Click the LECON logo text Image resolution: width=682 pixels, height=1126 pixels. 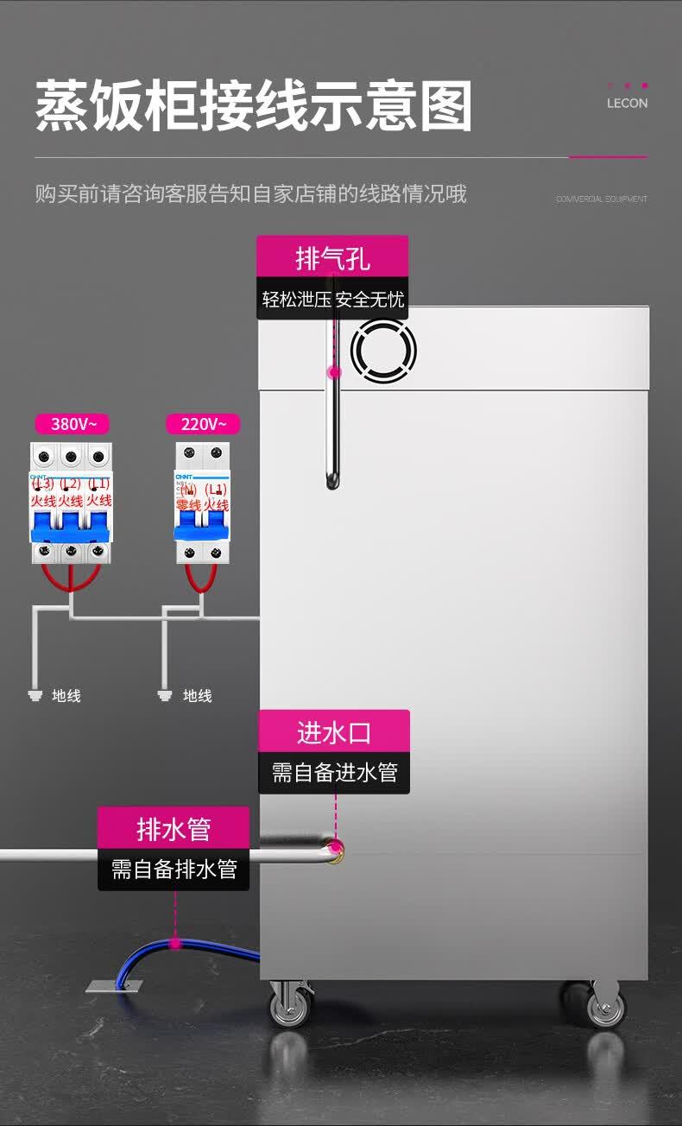627,104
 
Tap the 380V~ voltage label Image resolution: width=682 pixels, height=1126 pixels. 72,424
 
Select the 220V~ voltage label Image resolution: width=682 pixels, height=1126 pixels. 203,424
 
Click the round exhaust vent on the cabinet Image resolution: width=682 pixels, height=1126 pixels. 383,351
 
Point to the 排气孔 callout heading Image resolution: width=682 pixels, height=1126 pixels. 332,257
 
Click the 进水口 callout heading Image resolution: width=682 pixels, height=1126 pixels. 334,732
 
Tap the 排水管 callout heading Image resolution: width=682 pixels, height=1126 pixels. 174,829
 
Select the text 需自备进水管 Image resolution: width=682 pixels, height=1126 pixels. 334,772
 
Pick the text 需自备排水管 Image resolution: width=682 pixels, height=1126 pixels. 174,869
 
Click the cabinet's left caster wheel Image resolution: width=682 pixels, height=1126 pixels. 290,1006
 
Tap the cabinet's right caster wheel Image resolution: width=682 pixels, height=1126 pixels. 605,1006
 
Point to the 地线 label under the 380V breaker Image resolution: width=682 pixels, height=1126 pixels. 66,695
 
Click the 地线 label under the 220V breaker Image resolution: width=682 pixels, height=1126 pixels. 198,695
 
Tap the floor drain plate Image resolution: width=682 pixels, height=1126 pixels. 114,985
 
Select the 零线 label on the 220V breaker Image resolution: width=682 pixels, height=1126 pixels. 188,504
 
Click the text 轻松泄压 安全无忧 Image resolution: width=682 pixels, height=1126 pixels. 333,300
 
